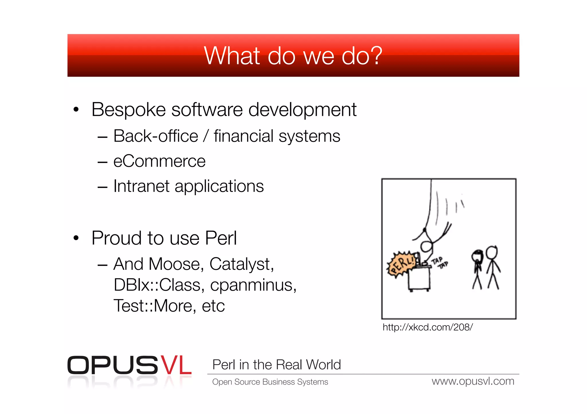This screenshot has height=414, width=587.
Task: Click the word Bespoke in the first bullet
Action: coord(128,110)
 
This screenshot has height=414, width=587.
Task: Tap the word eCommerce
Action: coord(159,161)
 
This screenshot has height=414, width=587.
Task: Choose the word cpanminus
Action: coord(253,285)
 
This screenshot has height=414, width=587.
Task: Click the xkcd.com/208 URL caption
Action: coord(427,327)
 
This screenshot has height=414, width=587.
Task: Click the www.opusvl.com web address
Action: coord(473,381)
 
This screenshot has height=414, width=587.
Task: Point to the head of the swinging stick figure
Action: coord(426,246)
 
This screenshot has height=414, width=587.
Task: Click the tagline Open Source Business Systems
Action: coord(270,382)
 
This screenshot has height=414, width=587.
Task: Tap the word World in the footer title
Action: coord(323,365)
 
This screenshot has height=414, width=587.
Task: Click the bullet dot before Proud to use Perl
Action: coord(76,238)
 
